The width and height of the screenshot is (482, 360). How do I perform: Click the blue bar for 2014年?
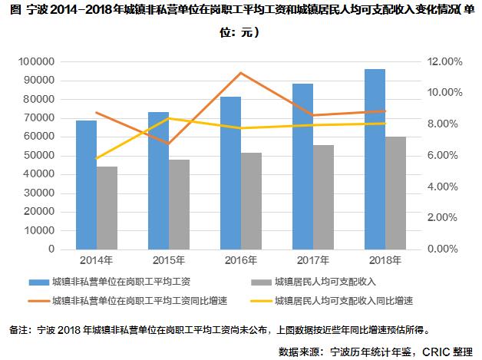pos(86,184)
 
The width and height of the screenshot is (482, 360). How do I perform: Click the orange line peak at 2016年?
pos(241,73)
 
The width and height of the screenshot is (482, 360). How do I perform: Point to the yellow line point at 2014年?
pos(97,158)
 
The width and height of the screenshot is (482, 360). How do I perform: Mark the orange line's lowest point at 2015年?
pos(169,144)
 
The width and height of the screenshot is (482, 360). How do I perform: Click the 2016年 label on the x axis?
pos(241,260)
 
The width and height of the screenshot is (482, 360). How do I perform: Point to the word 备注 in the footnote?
pos(18,330)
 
